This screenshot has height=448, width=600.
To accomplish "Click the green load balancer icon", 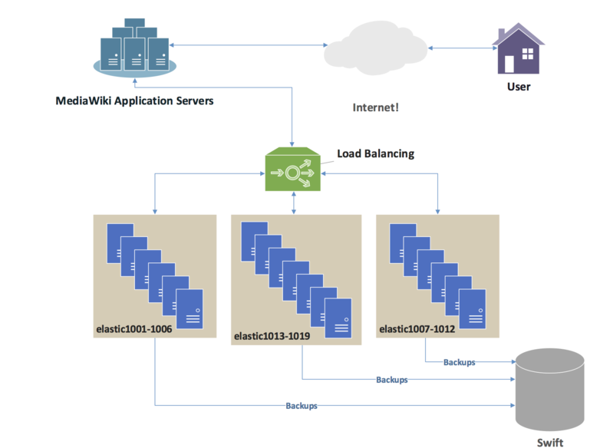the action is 293,169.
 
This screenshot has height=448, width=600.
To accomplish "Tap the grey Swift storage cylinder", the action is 550,390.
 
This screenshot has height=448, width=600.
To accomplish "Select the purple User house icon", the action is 519,48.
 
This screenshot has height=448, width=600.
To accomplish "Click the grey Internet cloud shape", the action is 375,48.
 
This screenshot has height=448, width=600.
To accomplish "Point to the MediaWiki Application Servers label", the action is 134,100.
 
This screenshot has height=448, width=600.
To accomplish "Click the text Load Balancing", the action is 375,153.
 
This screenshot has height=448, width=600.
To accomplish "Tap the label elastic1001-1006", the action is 134,329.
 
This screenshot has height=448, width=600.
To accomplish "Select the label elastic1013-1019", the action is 272,336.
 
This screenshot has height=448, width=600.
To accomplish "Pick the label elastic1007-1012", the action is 417,329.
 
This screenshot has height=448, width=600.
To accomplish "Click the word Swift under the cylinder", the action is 550,443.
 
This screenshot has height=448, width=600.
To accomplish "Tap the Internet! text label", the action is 375,107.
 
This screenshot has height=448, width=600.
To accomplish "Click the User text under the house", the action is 519,87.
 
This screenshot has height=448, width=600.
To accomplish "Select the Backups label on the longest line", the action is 302,406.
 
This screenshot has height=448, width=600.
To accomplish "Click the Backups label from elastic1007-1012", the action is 459,362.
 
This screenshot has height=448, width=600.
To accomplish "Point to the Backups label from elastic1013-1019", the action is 392,380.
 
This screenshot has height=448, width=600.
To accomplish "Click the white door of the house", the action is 509,64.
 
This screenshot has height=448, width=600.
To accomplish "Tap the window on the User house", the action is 528,54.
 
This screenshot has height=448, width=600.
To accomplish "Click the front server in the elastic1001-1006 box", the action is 190,309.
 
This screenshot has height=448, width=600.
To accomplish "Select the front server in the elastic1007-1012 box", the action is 472,309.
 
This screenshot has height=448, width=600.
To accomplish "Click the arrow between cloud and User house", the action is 463,48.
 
